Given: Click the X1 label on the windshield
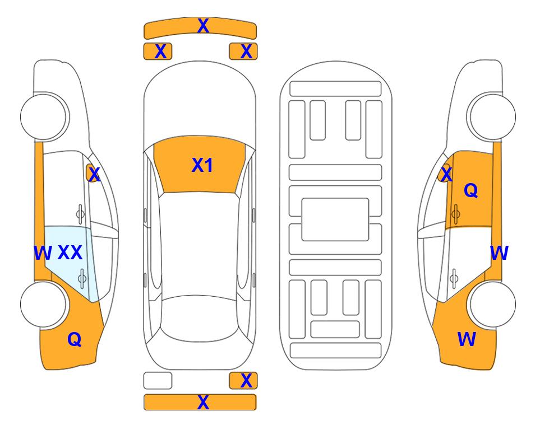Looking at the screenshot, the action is pos(202,165).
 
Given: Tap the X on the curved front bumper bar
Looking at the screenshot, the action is pos(203,26).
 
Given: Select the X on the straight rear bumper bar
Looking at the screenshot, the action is pos(203,402).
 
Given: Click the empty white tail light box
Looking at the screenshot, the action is pos(158,381).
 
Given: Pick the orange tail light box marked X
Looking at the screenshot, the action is pos(243,381).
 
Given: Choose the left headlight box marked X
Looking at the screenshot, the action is pos(158,52).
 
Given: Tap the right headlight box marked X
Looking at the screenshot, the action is pos(243,52).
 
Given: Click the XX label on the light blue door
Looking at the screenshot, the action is pos(70,253).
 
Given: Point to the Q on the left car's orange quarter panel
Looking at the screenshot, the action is pos(75,339).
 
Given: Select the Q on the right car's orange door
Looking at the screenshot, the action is pos(471,190).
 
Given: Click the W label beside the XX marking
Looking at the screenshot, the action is pos(43,253).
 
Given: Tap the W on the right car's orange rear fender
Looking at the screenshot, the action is pos(467,339).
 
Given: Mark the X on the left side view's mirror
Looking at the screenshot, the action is pos(94,175).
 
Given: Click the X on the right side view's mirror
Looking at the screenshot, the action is pos(446,175).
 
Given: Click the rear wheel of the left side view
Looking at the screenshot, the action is pos(43,305).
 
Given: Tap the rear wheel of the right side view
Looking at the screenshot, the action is pos(492,305).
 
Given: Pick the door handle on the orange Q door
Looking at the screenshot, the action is pos(455,214).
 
